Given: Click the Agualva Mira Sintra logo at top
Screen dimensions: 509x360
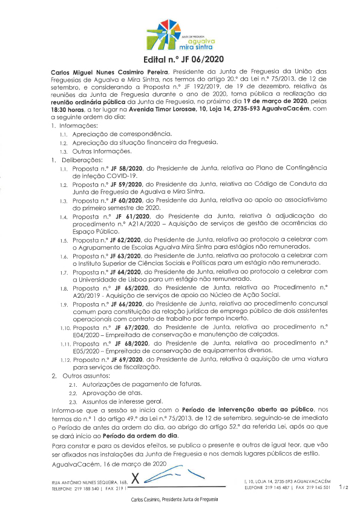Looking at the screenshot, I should click(179, 34).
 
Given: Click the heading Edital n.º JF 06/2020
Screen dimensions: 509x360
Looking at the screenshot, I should click(179, 61).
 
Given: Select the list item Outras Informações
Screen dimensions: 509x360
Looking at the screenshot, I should click(102, 150).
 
